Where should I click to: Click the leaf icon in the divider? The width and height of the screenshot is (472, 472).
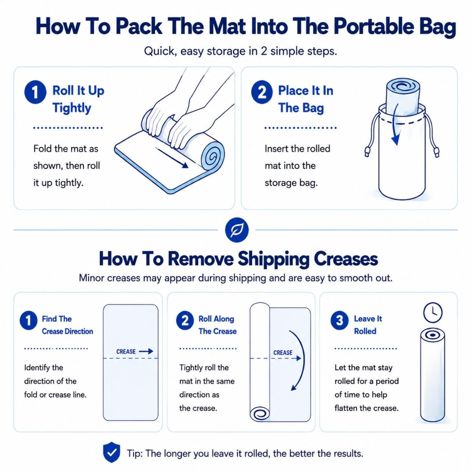[x=237, y=230]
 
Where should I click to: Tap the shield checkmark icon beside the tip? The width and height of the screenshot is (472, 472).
[x=112, y=453]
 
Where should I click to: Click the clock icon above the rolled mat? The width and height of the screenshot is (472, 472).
[x=433, y=312]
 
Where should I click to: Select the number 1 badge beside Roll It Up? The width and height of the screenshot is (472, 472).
[x=35, y=92]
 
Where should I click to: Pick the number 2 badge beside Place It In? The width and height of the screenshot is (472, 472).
[x=262, y=92]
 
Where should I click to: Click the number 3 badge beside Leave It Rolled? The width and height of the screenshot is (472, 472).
[x=340, y=320]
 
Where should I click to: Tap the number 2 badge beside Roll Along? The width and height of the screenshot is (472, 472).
[x=185, y=320]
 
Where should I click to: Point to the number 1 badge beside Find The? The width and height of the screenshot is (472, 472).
[x=29, y=320]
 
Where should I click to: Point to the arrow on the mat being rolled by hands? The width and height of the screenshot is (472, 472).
[x=172, y=158]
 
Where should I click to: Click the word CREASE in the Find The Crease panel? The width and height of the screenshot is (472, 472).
[x=126, y=352]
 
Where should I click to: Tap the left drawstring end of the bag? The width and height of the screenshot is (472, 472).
[x=367, y=152]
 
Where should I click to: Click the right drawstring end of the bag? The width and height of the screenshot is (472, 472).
[x=436, y=152]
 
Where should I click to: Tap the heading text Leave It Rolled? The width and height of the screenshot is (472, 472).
[x=368, y=325]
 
